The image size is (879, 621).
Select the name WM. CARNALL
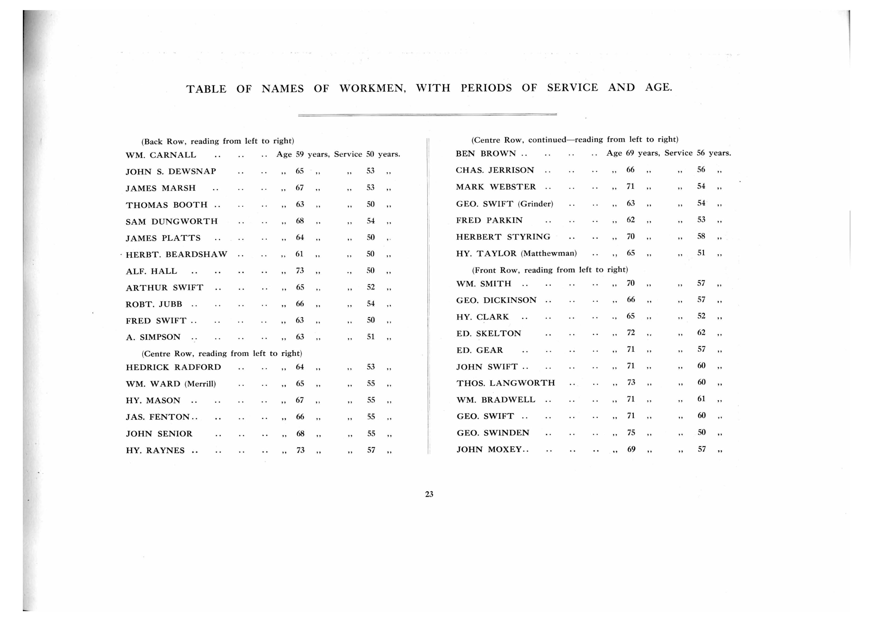point(161,155)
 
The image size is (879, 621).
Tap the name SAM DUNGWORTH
point(172,222)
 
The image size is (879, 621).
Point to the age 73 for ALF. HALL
point(300,270)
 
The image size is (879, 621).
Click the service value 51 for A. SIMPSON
point(371,337)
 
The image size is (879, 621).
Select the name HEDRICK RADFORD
point(173,367)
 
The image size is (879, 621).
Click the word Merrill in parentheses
point(200,384)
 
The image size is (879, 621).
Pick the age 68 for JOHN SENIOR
point(300,434)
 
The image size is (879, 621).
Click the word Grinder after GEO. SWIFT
point(535,204)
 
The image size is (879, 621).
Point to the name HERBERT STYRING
point(503,237)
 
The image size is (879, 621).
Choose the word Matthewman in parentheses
point(549,253)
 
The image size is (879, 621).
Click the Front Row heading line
point(550,270)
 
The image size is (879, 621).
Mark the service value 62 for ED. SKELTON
point(701,332)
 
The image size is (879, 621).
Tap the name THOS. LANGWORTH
point(505,383)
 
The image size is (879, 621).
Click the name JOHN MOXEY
point(489,450)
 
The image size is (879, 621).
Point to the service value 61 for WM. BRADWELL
point(701,399)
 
